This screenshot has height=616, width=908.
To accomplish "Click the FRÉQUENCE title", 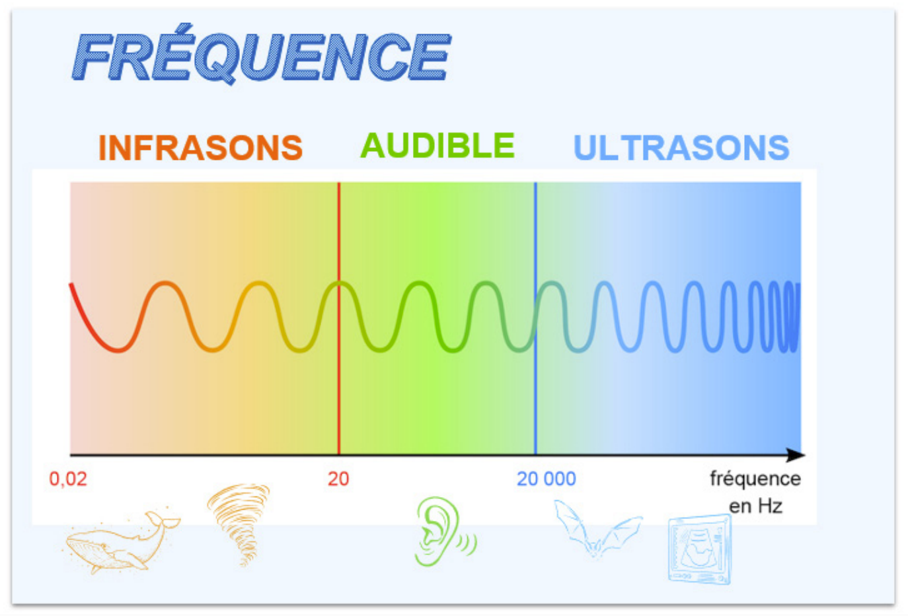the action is tap(262, 54).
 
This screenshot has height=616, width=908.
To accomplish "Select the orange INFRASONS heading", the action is tap(201, 147).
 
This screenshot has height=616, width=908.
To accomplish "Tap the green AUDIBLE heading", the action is tap(437, 145).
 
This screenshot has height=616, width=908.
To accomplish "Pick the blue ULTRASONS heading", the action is tap(681, 147).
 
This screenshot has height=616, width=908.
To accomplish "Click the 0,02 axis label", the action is tap(68, 479).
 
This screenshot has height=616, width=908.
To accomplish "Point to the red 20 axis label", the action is tap(338, 479).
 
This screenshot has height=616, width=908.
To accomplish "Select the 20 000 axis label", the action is tap(547, 479).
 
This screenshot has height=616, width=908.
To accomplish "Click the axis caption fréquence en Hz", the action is tap(755, 493).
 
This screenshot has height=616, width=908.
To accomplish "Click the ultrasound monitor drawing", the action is tap(700, 549).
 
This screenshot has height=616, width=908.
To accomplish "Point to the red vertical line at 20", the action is tap(339, 318).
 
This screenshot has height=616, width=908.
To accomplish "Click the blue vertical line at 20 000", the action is tap(535, 318).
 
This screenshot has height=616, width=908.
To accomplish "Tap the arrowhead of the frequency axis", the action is tap(796, 455).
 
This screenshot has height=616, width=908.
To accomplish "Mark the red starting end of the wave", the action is tap(71, 285).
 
